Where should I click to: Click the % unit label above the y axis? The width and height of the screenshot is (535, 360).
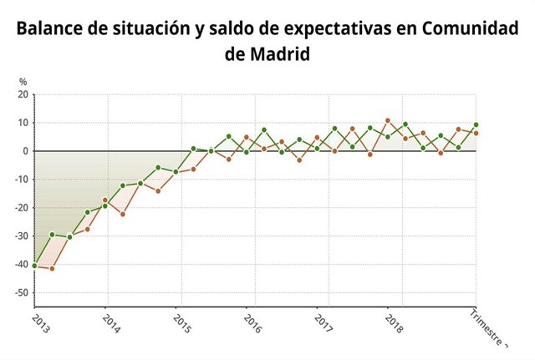pos(23,82)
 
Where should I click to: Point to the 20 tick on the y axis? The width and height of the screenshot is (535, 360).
pos(23,94)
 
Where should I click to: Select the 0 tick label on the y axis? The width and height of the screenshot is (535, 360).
pos(26,151)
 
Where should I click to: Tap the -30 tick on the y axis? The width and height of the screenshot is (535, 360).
pos(22,236)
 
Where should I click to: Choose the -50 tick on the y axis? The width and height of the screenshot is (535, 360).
pos(22,293)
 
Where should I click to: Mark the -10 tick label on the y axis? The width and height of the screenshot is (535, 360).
pos(22,180)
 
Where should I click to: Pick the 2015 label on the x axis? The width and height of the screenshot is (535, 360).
pos(182,323)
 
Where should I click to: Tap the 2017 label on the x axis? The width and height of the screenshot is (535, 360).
pos(324,323)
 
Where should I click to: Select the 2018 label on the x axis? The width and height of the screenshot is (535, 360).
pos(395,323)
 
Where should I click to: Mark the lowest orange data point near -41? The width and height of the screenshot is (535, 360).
pos(52,268)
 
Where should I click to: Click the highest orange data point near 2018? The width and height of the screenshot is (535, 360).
pos(387,120)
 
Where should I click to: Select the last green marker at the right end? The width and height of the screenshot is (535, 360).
pos(476,124)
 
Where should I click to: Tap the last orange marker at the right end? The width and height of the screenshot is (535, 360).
pos(476,133)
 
